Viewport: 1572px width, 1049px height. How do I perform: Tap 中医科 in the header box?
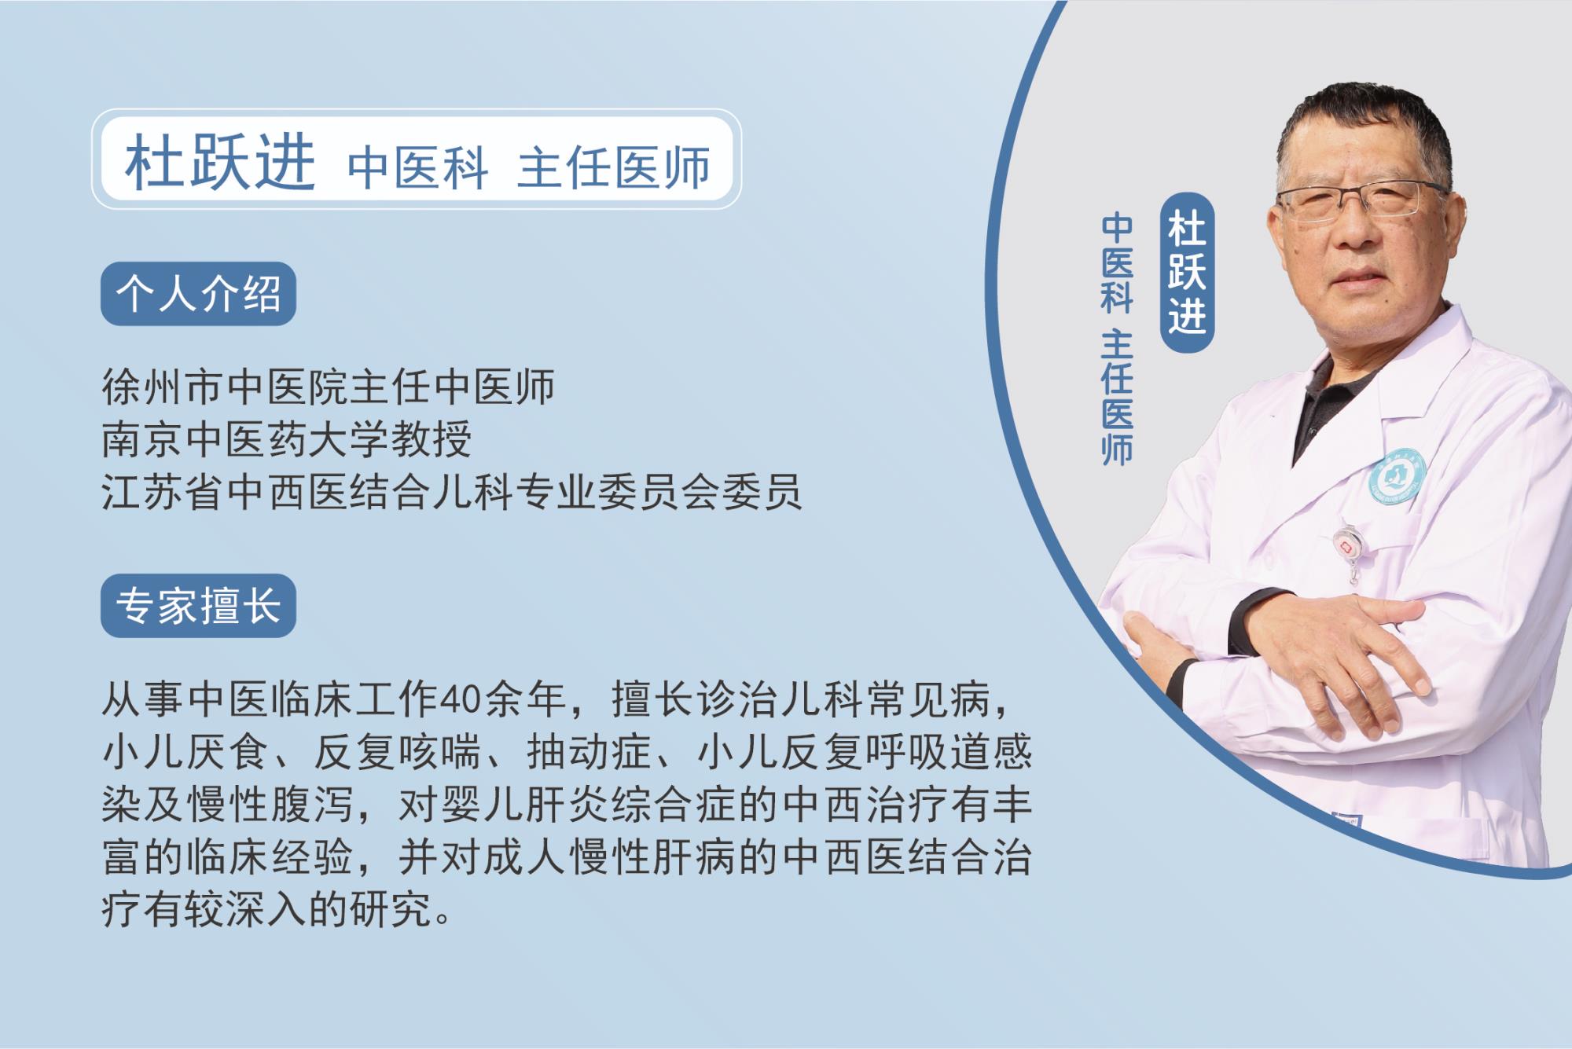[x=418, y=167]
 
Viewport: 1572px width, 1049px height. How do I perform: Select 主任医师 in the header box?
[x=614, y=167]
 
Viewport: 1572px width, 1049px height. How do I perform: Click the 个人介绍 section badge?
[x=198, y=294]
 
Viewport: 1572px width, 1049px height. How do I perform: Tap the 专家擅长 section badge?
[x=198, y=606]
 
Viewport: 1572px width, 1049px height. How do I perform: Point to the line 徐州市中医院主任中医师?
[x=329, y=387]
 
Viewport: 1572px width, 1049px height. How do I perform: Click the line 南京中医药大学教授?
[x=287, y=439]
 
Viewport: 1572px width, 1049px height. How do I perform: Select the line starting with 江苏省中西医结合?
[x=452, y=492]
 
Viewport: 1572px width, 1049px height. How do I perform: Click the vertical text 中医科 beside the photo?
[x=1117, y=262]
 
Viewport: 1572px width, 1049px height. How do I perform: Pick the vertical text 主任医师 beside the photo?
[x=1117, y=398]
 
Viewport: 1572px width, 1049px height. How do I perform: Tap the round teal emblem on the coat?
[x=1398, y=477]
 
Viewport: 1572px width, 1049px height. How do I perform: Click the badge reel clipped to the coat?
[x=1350, y=548]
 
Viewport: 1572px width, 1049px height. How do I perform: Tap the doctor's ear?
[x=1454, y=224]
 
